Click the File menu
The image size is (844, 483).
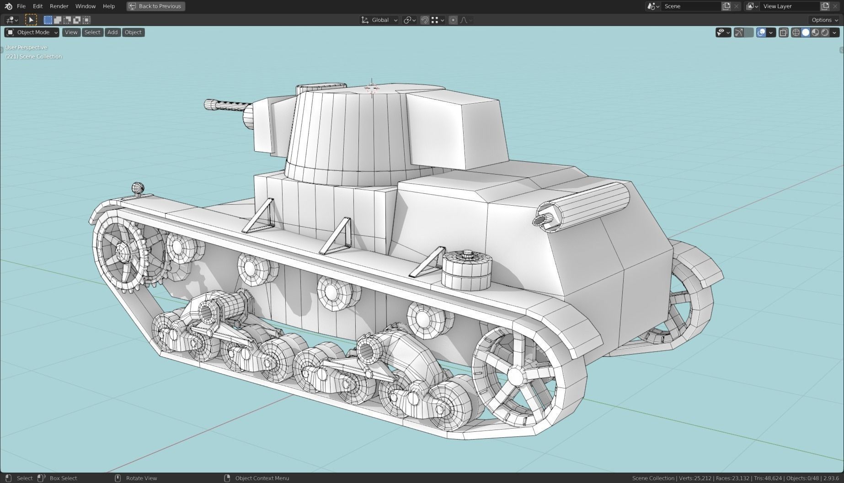click(x=21, y=6)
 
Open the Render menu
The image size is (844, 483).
click(x=59, y=6)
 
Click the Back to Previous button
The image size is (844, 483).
click(x=156, y=6)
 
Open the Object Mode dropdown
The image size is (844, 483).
click(x=32, y=32)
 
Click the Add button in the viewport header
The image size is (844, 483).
click(x=112, y=32)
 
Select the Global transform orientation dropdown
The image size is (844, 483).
click(x=379, y=20)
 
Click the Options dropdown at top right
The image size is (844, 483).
click(x=824, y=20)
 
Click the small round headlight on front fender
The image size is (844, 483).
click(x=138, y=188)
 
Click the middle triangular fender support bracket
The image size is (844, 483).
click(x=337, y=237)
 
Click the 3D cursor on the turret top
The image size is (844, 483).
click(x=372, y=88)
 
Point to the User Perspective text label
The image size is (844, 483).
click(x=26, y=48)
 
